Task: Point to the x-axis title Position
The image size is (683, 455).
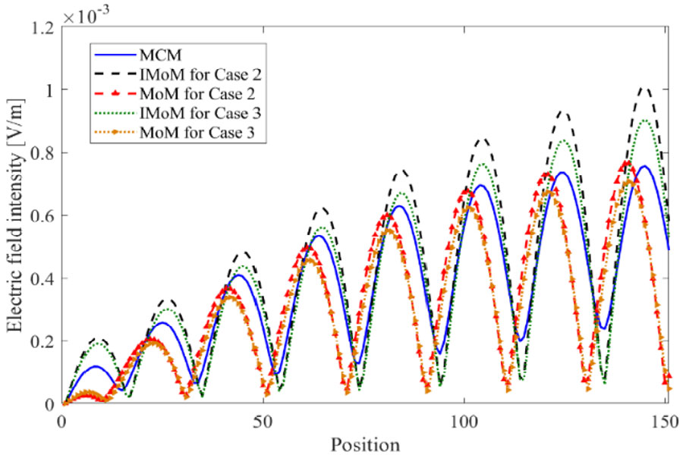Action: [365, 442]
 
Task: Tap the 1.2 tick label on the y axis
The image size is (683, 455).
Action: [40, 27]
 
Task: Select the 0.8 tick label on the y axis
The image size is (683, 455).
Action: [40, 152]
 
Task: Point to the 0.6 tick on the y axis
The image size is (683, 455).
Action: [40, 215]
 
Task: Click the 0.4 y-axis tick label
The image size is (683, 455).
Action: [40, 278]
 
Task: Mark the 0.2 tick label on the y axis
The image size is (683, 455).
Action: [40, 341]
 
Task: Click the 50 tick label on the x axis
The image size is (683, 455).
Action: [263, 419]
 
